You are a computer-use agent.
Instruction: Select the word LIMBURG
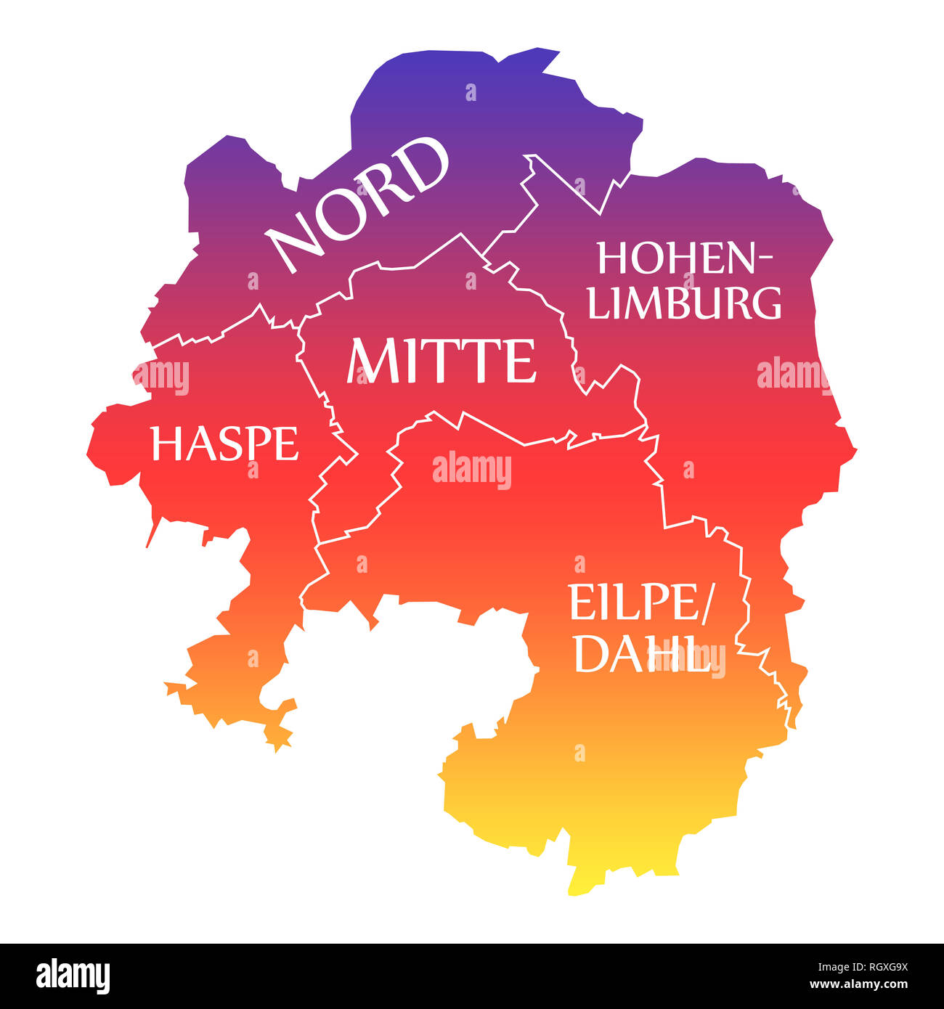[685, 303]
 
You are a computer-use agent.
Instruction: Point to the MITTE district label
[442, 361]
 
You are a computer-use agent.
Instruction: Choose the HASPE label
[225, 444]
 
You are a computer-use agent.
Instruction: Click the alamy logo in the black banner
[73, 976]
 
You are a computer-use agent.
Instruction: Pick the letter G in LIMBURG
[765, 303]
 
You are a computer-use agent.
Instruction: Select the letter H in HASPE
[165, 444]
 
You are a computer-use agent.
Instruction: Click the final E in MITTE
[523, 361]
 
